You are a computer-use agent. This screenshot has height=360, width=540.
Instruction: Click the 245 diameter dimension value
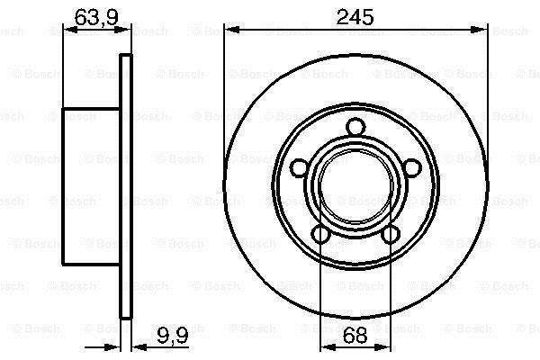pos(355,17)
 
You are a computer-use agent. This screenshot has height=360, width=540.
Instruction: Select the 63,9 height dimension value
pos(96,17)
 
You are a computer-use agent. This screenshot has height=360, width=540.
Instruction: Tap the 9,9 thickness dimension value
pos(173,335)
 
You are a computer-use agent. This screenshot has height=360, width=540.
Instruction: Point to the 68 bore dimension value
pos(355,335)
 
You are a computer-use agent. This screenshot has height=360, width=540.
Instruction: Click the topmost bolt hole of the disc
pos(355,127)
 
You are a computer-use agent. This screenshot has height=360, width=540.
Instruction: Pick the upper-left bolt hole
pos(300,168)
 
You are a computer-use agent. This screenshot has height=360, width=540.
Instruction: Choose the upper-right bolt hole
pos(412,168)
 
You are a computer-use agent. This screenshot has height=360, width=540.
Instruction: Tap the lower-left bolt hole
pos(321,235)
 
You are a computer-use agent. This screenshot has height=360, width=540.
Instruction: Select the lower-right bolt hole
pos(391,235)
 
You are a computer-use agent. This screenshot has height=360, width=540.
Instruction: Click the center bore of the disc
pos(355,186)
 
